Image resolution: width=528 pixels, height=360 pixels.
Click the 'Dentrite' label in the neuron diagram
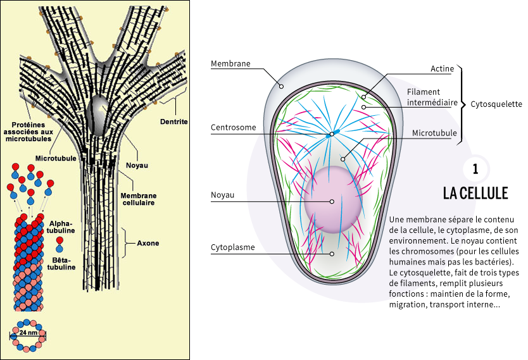[174, 121]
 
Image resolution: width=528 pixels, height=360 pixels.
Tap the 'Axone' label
[148, 243]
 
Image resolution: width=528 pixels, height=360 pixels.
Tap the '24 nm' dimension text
[28, 332]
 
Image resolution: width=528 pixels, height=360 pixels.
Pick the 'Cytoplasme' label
[232, 247]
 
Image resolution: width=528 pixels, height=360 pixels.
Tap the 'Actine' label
[441, 68]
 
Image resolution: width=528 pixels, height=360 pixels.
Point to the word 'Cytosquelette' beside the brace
[496, 104]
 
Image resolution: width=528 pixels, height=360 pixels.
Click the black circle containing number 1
[475, 169]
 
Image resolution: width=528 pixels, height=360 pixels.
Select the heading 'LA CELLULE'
[475, 193]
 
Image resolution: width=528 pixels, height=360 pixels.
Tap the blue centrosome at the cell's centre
[331, 134]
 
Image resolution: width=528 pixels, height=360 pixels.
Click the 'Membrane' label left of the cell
[230, 64]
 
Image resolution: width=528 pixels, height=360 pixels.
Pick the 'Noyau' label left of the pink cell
[223, 195]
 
